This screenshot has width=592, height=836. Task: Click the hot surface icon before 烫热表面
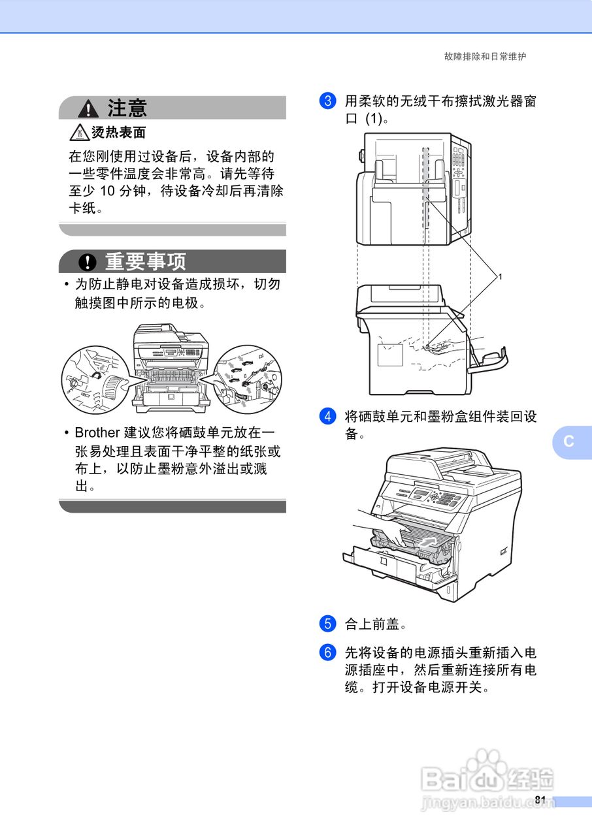tap(79, 133)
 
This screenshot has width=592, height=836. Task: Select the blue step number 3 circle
tap(327, 101)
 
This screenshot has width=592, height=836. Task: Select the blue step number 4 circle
tap(327, 417)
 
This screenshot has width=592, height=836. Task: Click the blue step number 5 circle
tap(327, 624)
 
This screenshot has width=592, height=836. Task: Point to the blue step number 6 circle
tap(327, 652)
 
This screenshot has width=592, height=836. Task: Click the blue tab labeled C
tap(570, 441)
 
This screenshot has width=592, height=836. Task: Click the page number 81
tap(540, 800)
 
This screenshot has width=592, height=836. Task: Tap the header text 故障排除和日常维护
tap(485, 57)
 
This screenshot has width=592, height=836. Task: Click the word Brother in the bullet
tap(97, 433)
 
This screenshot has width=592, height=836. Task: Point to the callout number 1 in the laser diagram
tap(500, 277)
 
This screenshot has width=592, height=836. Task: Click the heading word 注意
tap(127, 108)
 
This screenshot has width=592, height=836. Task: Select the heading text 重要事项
tap(146, 262)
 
